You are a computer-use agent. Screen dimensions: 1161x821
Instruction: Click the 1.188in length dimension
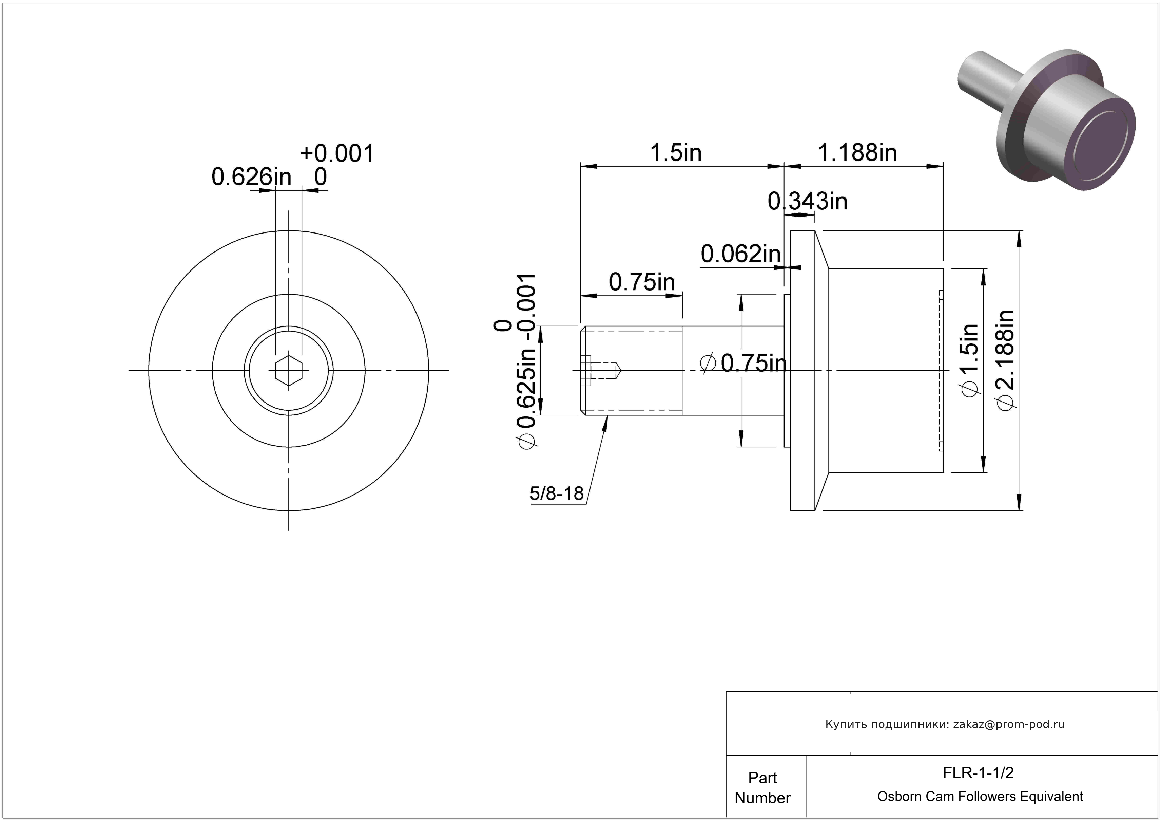click(x=857, y=152)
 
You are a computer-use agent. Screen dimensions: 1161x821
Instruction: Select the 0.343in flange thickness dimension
click(x=808, y=201)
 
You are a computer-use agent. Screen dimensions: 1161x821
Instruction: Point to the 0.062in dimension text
click(x=741, y=254)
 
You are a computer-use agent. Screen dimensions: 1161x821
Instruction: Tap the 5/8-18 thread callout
click(x=557, y=493)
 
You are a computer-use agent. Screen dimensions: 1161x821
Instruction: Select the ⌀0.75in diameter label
click(x=743, y=363)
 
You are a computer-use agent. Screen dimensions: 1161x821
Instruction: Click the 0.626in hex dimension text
click(x=251, y=177)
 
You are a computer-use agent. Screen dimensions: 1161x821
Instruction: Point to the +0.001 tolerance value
click(x=337, y=153)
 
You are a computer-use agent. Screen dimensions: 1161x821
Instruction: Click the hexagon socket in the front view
click(x=289, y=370)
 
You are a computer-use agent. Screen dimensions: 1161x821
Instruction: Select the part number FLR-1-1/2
click(x=978, y=772)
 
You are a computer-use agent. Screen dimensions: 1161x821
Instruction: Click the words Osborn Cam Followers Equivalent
click(x=980, y=796)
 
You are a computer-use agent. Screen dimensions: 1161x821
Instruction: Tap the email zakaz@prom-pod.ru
click(x=1009, y=724)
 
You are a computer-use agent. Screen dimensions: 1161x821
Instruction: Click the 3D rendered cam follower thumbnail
click(x=1047, y=120)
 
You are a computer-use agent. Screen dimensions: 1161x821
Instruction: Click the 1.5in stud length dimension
click(x=676, y=152)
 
